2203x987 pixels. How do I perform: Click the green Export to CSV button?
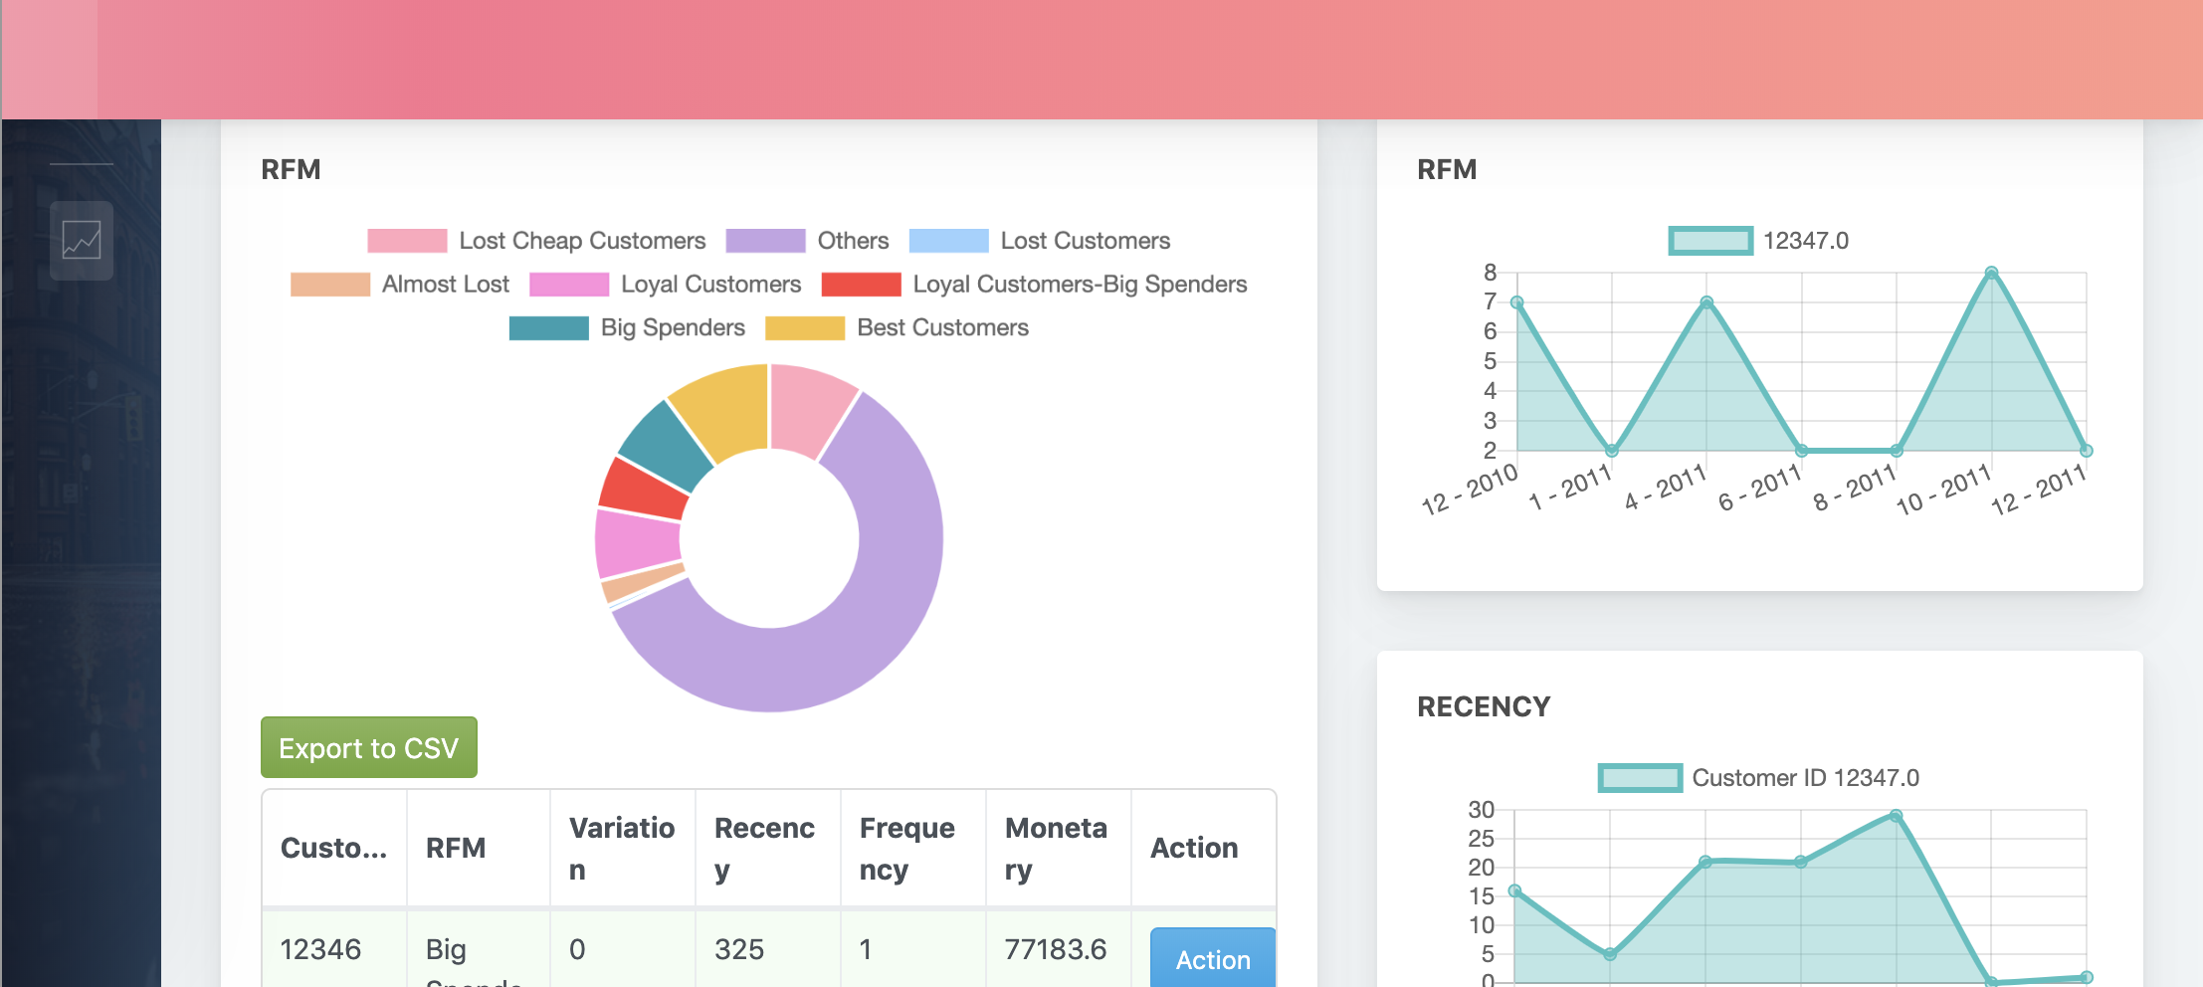point(368,747)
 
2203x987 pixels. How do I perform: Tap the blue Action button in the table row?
point(1212,959)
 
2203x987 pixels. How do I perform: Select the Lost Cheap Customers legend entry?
point(536,241)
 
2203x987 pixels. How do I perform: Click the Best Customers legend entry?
point(897,327)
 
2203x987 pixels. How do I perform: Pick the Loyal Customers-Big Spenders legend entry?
point(1034,285)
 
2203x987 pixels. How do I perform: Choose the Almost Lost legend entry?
point(400,285)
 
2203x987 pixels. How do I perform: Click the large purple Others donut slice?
point(876,597)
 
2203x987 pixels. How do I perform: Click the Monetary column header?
point(1057,848)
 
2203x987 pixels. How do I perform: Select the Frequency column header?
point(907,848)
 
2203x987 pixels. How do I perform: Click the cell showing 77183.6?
point(1056,949)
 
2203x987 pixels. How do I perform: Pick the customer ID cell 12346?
point(320,949)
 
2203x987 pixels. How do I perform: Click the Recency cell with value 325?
point(739,949)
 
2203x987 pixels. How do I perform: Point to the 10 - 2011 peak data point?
point(1991,273)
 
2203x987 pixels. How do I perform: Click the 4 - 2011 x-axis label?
point(1666,487)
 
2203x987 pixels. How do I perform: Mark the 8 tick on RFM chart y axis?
point(1490,273)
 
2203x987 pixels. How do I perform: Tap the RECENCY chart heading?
point(1484,706)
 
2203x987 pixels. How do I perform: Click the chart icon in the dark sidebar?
point(82,240)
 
